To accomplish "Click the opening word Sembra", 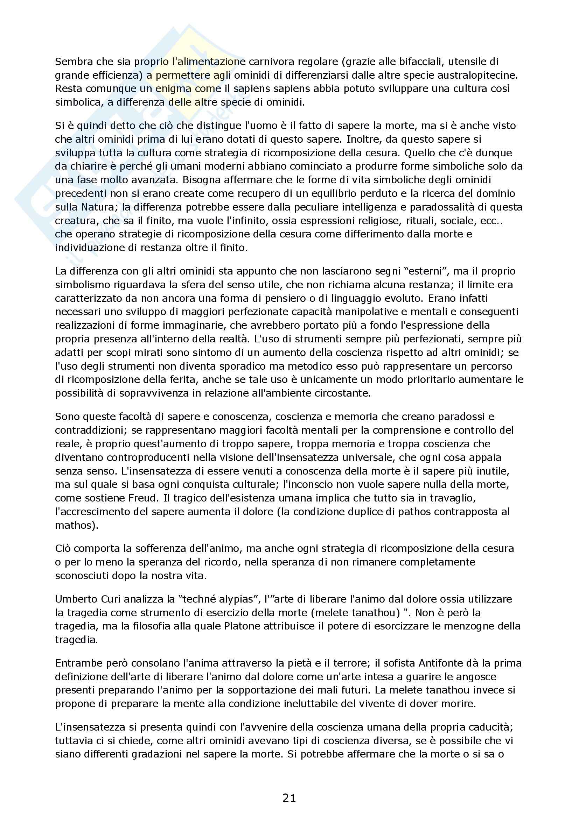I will pos(73,62).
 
